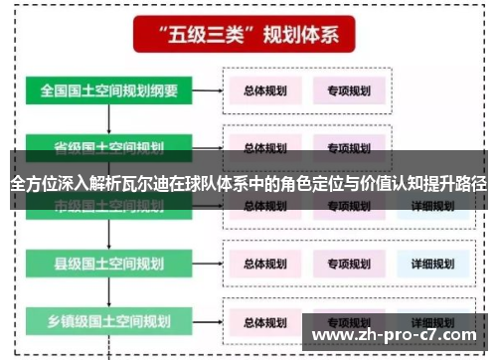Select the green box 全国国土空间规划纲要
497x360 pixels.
coord(109,90)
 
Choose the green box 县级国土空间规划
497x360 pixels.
coord(109,264)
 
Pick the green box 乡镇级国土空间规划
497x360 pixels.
coord(109,321)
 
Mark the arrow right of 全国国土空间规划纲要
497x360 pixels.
coord(206,91)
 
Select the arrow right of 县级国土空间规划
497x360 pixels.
coord(206,264)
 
